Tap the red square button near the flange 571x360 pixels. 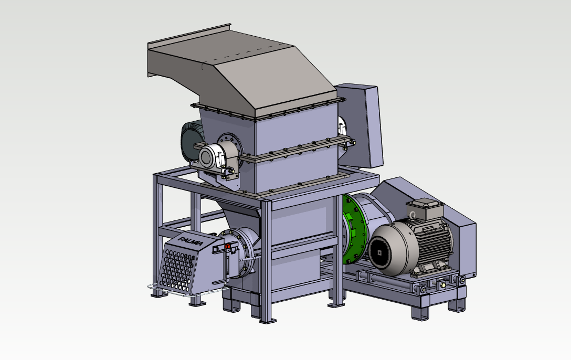tap(228, 247)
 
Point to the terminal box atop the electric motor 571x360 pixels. tap(425, 210)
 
